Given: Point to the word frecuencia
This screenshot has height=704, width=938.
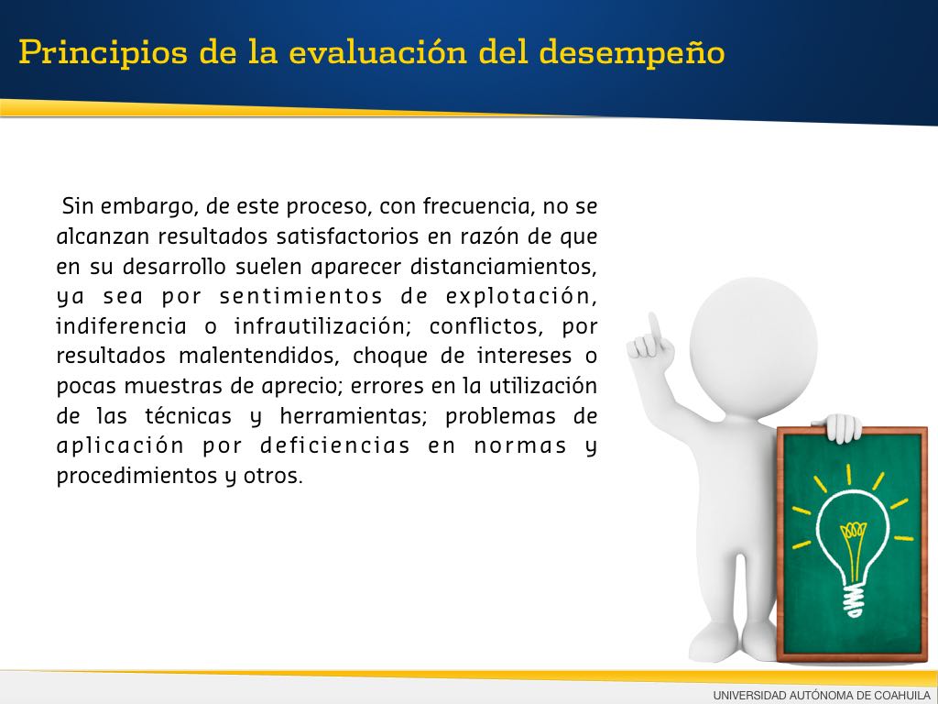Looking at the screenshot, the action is coord(477,206).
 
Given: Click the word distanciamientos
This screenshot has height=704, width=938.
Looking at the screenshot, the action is coord(504,267).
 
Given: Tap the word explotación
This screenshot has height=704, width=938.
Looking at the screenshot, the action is coord(521,297).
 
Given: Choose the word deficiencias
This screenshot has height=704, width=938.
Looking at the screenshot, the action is coord(335,446).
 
